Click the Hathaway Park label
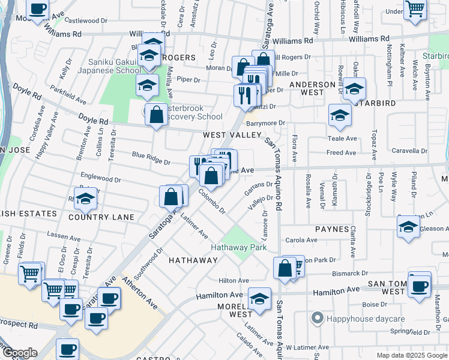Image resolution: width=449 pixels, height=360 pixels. coord(238,247)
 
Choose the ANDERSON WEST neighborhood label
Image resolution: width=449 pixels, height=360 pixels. coord(312,89)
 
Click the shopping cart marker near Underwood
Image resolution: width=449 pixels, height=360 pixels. coord(415,10)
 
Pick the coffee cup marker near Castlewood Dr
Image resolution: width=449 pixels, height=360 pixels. coord(38,10)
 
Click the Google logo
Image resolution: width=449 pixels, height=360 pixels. coord(19,353)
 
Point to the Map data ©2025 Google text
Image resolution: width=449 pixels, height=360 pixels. coord(411,355)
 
